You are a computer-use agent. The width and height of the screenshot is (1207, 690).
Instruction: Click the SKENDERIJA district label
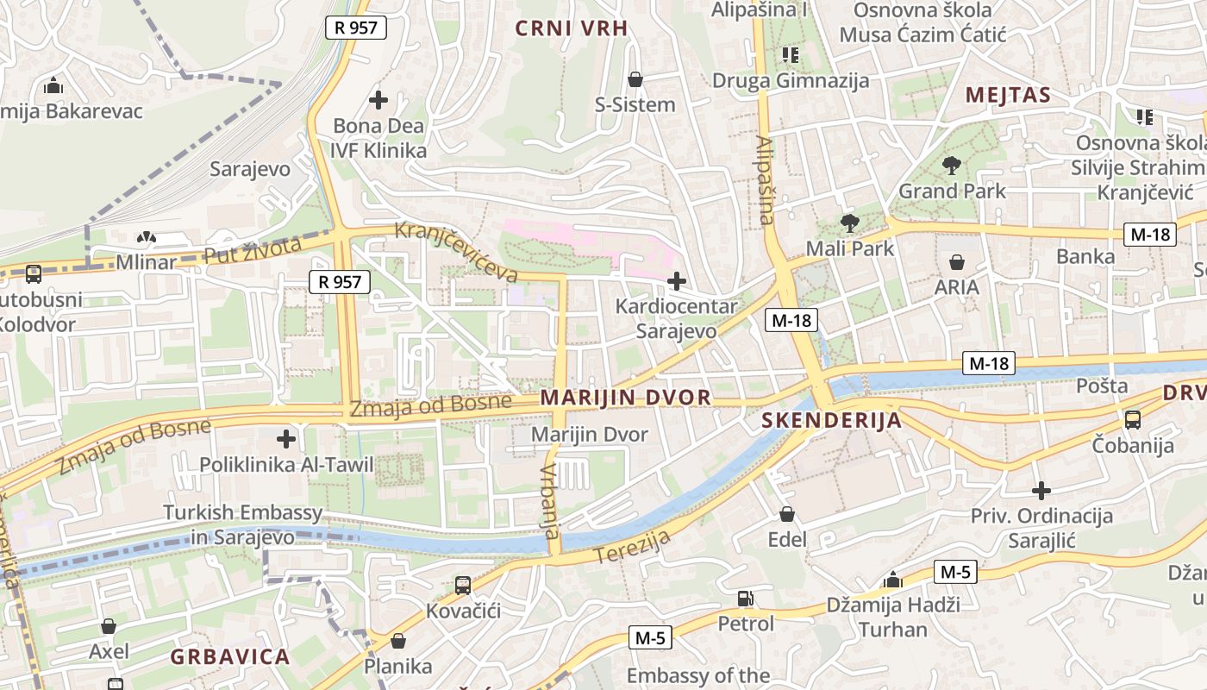coord(832,421)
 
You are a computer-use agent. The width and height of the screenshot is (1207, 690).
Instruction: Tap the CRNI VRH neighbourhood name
coord(572,28)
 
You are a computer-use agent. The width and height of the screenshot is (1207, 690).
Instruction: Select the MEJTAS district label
coord(1008,95)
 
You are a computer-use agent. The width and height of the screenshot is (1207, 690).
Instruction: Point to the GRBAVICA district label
coord(229,657)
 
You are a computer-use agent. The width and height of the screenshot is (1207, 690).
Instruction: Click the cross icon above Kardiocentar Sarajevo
coord(677,280)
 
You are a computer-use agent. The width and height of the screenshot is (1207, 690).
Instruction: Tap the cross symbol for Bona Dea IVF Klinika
coord(378,100)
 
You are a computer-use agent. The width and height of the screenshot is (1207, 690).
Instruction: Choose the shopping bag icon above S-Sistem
coord(635,79)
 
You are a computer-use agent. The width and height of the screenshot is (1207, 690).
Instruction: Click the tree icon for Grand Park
coord(952,165)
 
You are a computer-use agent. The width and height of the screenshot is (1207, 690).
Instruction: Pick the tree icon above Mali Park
coord(849,223)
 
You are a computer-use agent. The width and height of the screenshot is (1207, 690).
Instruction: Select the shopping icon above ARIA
coord(956,261)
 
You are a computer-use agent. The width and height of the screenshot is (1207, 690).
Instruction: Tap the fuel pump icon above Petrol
coord(745,598)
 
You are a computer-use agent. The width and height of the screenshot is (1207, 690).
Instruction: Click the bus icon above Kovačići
coord(463,586)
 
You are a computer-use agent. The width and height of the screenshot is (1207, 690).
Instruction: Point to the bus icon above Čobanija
coord(1132,420)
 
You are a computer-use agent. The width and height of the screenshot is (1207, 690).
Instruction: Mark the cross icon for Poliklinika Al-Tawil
coord(286,438)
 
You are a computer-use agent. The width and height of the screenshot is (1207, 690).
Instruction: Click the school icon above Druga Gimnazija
coord(790,55)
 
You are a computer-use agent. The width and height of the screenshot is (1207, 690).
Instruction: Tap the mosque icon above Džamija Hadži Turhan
coord(892,580)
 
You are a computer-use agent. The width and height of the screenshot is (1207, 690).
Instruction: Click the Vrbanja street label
coord(550,498)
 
